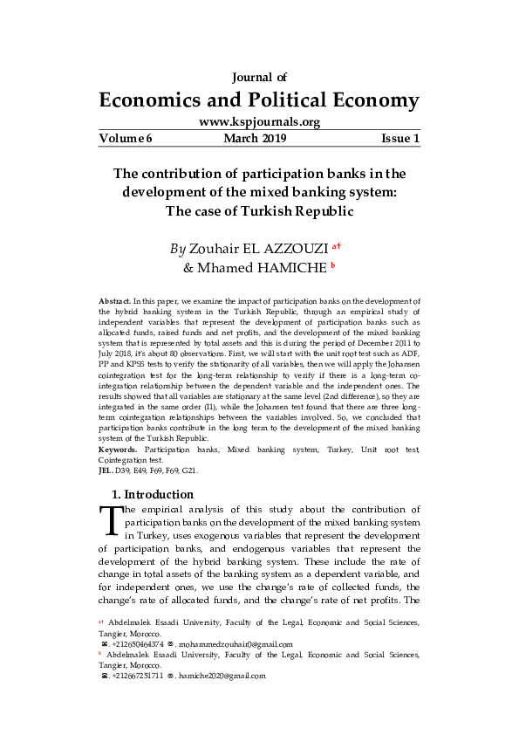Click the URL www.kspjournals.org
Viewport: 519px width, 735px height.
coord(259,122)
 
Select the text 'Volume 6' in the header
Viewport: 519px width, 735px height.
coord(125,139)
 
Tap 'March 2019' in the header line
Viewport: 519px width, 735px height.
coord(255,139)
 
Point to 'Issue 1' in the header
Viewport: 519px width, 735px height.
coord(400,139)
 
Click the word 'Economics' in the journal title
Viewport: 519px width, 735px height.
coord(154,99)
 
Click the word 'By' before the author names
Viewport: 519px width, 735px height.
coord(178,249)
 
